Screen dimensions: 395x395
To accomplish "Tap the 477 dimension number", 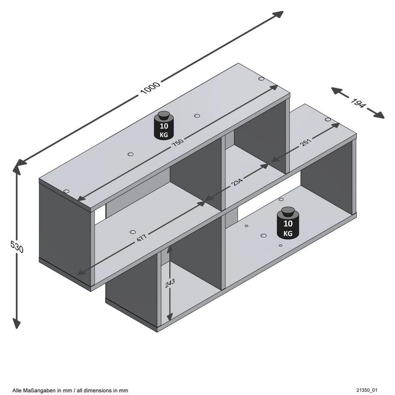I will pos(142,237).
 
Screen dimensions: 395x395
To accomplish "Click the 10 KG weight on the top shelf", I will pos(164,125).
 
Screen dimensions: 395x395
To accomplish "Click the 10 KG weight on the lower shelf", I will pos(287,224).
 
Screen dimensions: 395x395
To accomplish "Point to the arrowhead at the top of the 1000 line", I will pos(279,15).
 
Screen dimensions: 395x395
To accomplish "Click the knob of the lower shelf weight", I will pos(287,212).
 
